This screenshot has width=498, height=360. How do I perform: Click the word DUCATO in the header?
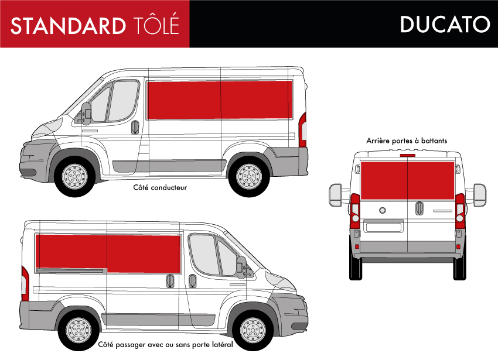(445, 24)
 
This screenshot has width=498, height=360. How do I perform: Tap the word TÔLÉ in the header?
(156, 24)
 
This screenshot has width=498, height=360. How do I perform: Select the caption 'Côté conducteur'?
(160, 188)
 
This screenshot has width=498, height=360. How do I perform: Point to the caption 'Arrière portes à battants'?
(407, 140)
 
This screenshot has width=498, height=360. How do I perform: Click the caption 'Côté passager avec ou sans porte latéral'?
(165, 345)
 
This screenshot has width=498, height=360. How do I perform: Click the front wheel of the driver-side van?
(75, 176)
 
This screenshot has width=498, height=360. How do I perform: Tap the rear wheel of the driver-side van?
(250, 176)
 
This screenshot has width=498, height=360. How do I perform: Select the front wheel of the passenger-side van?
(253, 330)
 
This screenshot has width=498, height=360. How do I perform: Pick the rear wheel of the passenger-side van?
(79, 330)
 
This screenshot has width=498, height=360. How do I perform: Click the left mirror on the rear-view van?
(335, 195)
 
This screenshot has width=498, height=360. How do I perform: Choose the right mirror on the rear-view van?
(480, 195)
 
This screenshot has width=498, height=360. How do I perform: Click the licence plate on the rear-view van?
(383, 227)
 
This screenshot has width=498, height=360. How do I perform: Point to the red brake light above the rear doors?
(408, 155)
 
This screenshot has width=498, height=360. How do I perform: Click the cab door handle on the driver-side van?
(135, 127)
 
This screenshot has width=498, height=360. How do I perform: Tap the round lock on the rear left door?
(383, 210)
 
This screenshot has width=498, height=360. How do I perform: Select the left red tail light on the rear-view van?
(355, 211)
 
